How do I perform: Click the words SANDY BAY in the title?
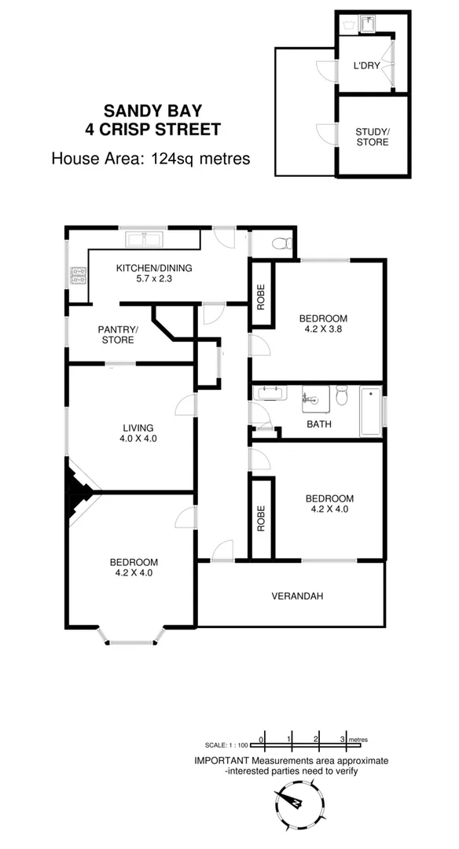[152, 112]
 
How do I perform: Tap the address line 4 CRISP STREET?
[152, 130]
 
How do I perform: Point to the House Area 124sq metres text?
[151, 158]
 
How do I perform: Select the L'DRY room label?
[367, 67]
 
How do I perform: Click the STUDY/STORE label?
[372, 137]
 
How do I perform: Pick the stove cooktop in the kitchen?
[79, 275]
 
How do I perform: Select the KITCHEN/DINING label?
[154, 268]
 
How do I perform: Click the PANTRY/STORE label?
[118, 335]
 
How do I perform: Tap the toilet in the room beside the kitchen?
[281, 244]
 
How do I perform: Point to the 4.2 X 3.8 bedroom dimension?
[322, 331]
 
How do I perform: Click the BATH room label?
[318, 424]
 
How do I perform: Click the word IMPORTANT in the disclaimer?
[222, 761]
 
